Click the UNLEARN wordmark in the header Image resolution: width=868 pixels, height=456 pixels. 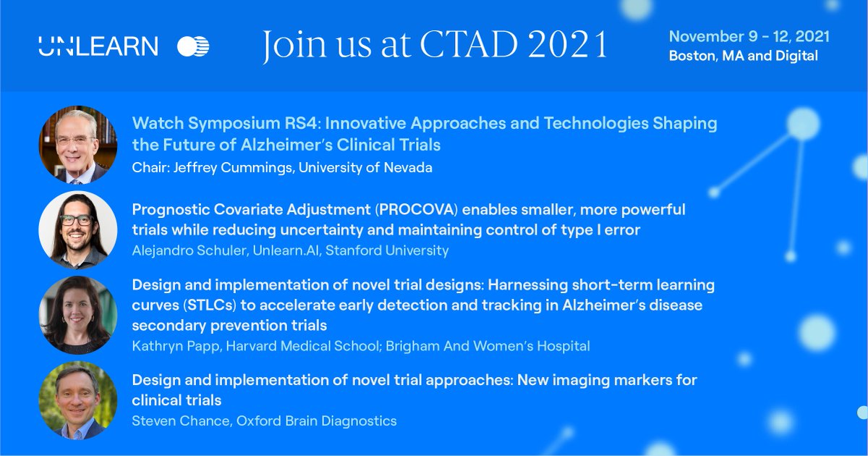click(98, 46)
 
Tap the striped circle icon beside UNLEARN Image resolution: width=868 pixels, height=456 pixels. click(193, 46)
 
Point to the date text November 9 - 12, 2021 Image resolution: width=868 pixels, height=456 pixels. click(749, 36)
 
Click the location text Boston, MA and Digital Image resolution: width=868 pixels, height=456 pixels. click(743, 56)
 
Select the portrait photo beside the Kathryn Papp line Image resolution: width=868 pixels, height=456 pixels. click(77, 315)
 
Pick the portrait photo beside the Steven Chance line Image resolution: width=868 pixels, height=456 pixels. click(77, 400)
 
